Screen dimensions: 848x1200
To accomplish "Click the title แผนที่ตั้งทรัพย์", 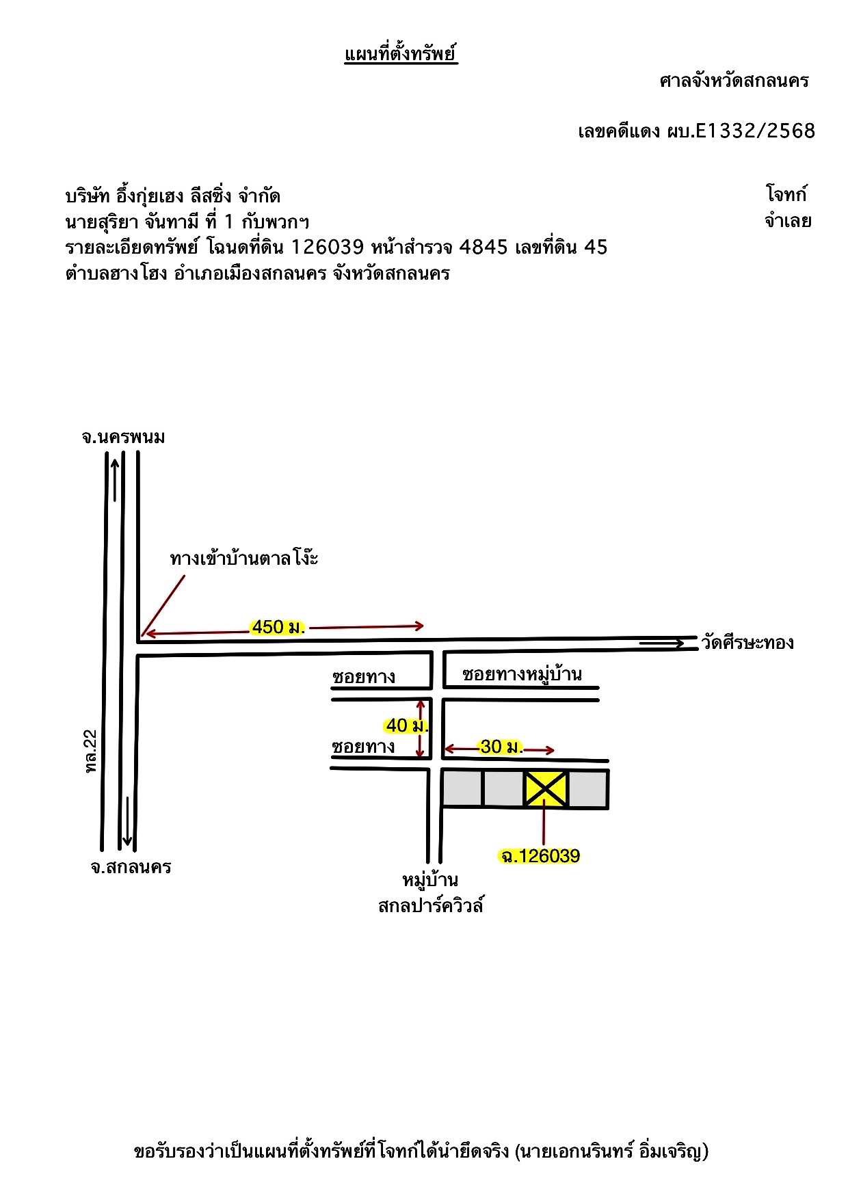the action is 401,53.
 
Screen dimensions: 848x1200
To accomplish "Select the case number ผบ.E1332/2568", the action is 741,131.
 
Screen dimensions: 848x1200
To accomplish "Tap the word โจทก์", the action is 786,194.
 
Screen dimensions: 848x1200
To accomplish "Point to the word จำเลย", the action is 788,221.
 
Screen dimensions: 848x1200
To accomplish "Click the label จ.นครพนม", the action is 123,437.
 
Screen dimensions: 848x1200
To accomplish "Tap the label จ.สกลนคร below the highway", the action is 131,867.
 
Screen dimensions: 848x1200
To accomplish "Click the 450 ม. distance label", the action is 278,627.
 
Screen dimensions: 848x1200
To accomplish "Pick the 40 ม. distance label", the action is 406,725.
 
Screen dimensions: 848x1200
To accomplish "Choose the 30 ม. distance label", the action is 501,747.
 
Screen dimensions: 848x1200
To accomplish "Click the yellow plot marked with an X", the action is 546,788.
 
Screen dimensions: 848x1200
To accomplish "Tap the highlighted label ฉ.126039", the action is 540,856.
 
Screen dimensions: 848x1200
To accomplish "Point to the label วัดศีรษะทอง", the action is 747,643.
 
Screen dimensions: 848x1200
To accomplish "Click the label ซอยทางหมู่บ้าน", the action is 522,674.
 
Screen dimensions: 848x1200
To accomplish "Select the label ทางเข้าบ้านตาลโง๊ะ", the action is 244,558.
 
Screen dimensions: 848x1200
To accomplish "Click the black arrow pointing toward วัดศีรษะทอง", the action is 661,643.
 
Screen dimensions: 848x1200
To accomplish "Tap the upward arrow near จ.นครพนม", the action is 115,479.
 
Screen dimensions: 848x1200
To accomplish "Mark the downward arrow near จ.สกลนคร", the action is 127,821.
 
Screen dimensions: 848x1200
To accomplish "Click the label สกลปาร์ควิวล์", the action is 431,906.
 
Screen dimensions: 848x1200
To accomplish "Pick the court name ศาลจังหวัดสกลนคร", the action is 734,81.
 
